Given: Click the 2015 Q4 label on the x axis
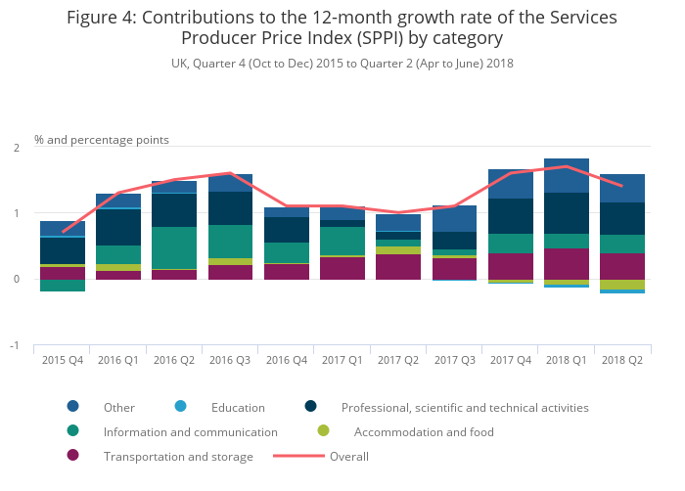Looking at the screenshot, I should (62, 361).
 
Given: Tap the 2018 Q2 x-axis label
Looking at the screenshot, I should (621, 361).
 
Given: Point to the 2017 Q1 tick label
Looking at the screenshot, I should (342, 361).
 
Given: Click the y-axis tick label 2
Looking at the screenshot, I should (17, 148).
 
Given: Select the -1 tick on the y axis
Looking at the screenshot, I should (15, 346).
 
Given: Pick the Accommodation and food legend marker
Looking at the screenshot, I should (324, 431).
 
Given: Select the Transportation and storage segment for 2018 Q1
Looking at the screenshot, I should (566, 263).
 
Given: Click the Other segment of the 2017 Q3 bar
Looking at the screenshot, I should (454, 218).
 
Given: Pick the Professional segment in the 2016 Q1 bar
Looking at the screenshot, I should (118, 227).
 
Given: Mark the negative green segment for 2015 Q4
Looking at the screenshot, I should (62, 286).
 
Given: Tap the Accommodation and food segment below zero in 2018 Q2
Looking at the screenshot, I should (621, 285).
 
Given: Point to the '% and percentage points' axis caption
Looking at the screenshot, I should (102, 140).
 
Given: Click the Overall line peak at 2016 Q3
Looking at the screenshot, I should (230, 173).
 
